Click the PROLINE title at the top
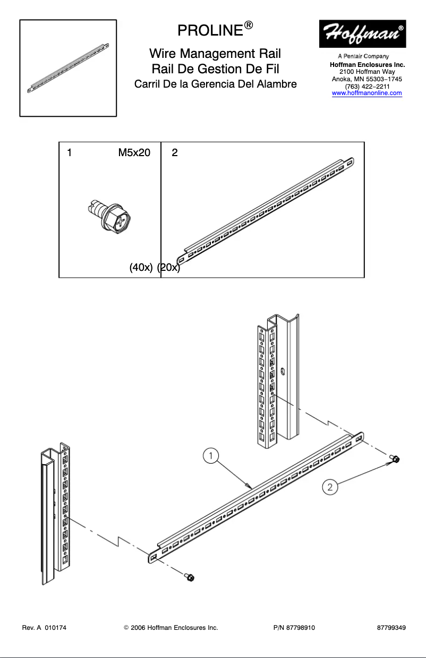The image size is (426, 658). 211,30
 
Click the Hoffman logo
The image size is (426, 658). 362,34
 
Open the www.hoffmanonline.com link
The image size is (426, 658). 367,93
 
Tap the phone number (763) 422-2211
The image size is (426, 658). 367,86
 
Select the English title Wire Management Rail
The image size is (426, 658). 215,54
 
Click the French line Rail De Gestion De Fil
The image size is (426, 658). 215,69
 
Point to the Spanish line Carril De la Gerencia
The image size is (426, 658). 215,84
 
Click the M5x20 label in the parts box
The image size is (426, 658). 134,153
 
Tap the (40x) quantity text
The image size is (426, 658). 141,268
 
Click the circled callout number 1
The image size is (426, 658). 211,456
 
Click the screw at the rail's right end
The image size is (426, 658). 395,459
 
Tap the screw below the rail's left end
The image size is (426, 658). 189,577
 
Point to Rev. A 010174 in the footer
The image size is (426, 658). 44,628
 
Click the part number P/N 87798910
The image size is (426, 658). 294,628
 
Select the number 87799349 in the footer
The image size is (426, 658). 391,628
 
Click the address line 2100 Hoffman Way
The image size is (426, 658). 367,72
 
